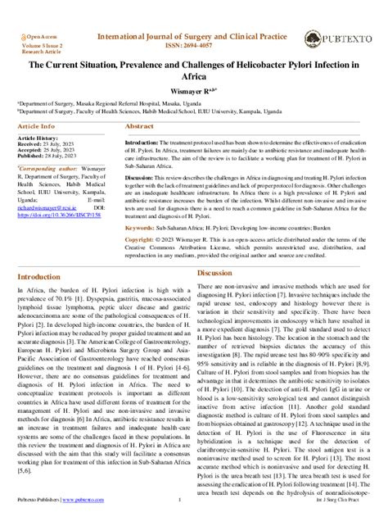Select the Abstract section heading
[139, 128]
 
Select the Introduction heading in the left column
[44, 278]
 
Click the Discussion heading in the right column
[215, 272]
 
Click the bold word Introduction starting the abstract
[147, 142]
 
